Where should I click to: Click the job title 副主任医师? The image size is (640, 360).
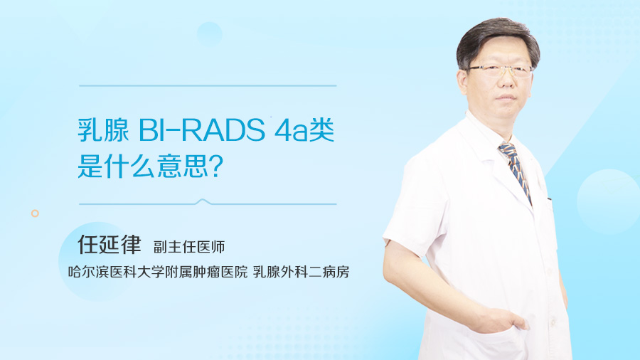coord(189,247)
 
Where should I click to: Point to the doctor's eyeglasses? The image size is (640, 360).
coord(501,70)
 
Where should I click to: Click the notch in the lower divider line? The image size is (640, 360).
coord(204,202)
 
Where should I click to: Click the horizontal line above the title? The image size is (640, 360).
coord(207,86)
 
